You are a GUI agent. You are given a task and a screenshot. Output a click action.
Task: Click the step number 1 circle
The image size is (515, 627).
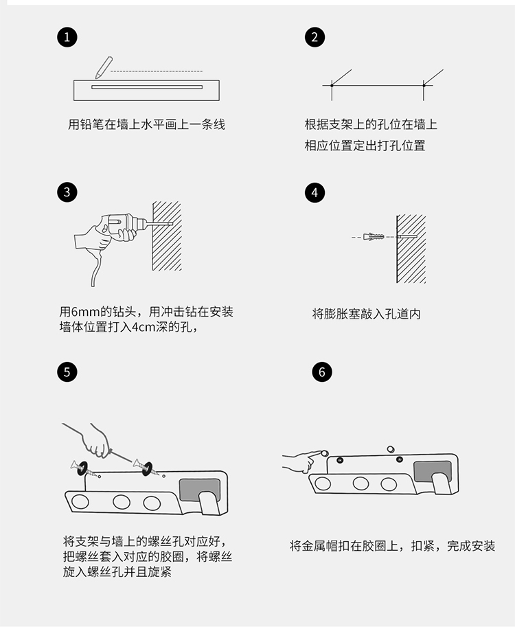67,37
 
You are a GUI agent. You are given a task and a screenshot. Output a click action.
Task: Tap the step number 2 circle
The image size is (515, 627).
314,37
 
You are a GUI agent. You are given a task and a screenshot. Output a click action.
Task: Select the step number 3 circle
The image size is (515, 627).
67,192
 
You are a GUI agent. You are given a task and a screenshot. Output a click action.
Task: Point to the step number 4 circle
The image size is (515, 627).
314,192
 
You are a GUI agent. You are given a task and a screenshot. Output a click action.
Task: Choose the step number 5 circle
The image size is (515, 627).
67,372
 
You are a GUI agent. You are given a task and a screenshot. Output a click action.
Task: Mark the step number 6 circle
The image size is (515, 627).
322,372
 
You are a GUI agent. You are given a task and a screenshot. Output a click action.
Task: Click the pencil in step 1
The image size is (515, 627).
104,67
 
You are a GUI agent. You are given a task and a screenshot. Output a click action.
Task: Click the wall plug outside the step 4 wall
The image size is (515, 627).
374,237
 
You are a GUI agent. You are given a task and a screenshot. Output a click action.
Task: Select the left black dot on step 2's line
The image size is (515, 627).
332,85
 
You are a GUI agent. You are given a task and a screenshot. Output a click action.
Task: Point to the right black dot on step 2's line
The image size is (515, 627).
424,85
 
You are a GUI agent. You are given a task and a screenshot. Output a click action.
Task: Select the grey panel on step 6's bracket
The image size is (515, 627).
432,471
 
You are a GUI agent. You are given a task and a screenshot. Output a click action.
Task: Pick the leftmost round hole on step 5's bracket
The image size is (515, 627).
80,501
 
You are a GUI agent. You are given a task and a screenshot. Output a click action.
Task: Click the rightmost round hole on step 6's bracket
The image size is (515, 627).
389,484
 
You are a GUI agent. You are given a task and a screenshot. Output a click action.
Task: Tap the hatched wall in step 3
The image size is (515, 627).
167,236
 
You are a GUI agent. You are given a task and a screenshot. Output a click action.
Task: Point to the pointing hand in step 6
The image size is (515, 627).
302,461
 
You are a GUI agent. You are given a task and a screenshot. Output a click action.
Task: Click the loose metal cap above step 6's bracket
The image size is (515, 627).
391,449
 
